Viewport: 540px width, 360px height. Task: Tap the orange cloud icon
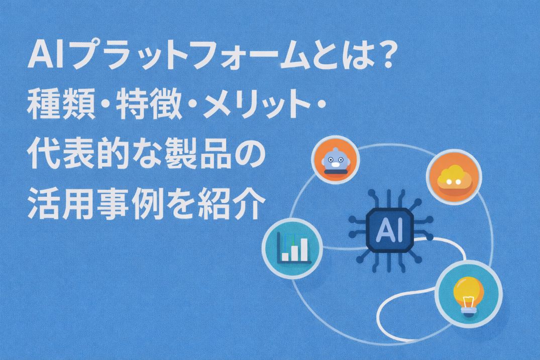(454, 177)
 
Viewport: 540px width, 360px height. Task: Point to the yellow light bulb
(468, 295)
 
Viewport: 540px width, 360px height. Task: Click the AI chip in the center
(390, 230)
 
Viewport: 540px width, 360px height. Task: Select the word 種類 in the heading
(61, 103)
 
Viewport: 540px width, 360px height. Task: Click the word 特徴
(149, 103)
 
